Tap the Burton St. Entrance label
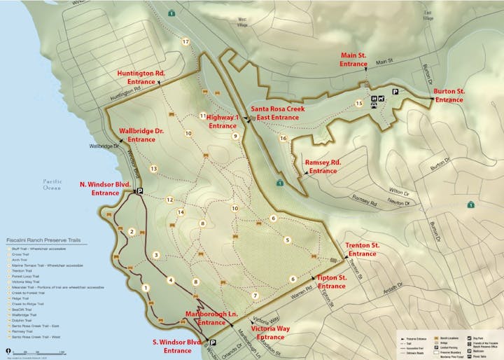[449, 95]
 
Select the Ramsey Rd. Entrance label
[323, 166]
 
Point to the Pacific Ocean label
[52, 184]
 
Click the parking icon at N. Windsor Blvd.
[139, 191]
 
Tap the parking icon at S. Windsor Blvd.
[213, 343]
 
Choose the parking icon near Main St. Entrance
[395, 92]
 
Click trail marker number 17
[185, 42]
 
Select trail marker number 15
[359, 104]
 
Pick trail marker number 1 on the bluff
[146, 287]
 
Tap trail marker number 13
[153, 168]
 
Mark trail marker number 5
[287, 240]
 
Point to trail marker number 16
[283, 139]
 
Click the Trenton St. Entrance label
[363, 249]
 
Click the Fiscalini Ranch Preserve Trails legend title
[43, 240]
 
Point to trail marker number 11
[202, 116]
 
